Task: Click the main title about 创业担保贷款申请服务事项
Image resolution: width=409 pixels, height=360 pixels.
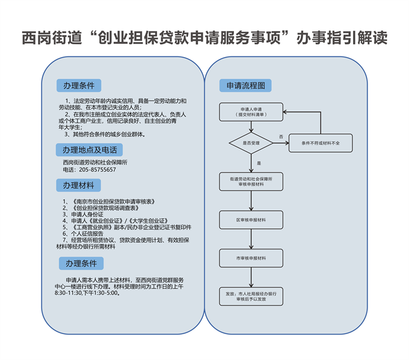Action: click(x=204, y=37)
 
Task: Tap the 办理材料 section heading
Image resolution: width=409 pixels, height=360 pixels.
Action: click(x=79, y=185)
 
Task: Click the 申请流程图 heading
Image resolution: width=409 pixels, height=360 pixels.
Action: click(x=245, y=86)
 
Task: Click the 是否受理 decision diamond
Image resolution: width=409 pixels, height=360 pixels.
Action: click(x=251, y=144)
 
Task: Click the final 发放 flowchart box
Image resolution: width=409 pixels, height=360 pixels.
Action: click(x=251, y=296)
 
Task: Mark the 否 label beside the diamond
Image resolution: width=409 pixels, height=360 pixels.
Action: click(x=281, y=138)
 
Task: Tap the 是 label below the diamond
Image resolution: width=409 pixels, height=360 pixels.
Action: click(x=259, y=163)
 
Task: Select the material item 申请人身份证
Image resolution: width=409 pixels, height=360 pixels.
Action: click(x=87, y=214)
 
